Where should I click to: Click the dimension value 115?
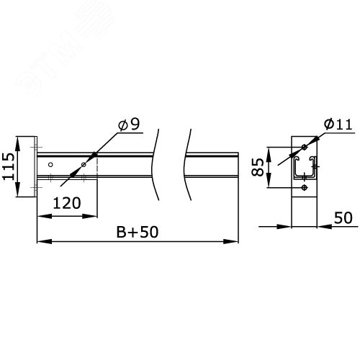pos(9,166)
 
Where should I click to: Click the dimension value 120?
pos(67,203)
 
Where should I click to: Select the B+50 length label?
pos(138,232)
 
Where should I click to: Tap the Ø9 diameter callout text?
pos(129,125)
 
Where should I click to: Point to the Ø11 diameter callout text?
pos(338,125)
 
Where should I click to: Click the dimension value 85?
pos(258,167)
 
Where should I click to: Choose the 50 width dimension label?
pos(343,217)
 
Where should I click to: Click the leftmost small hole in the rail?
pos(50,164)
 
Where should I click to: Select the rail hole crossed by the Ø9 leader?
pos(84,164)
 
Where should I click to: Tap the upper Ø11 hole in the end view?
pos(305,147)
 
